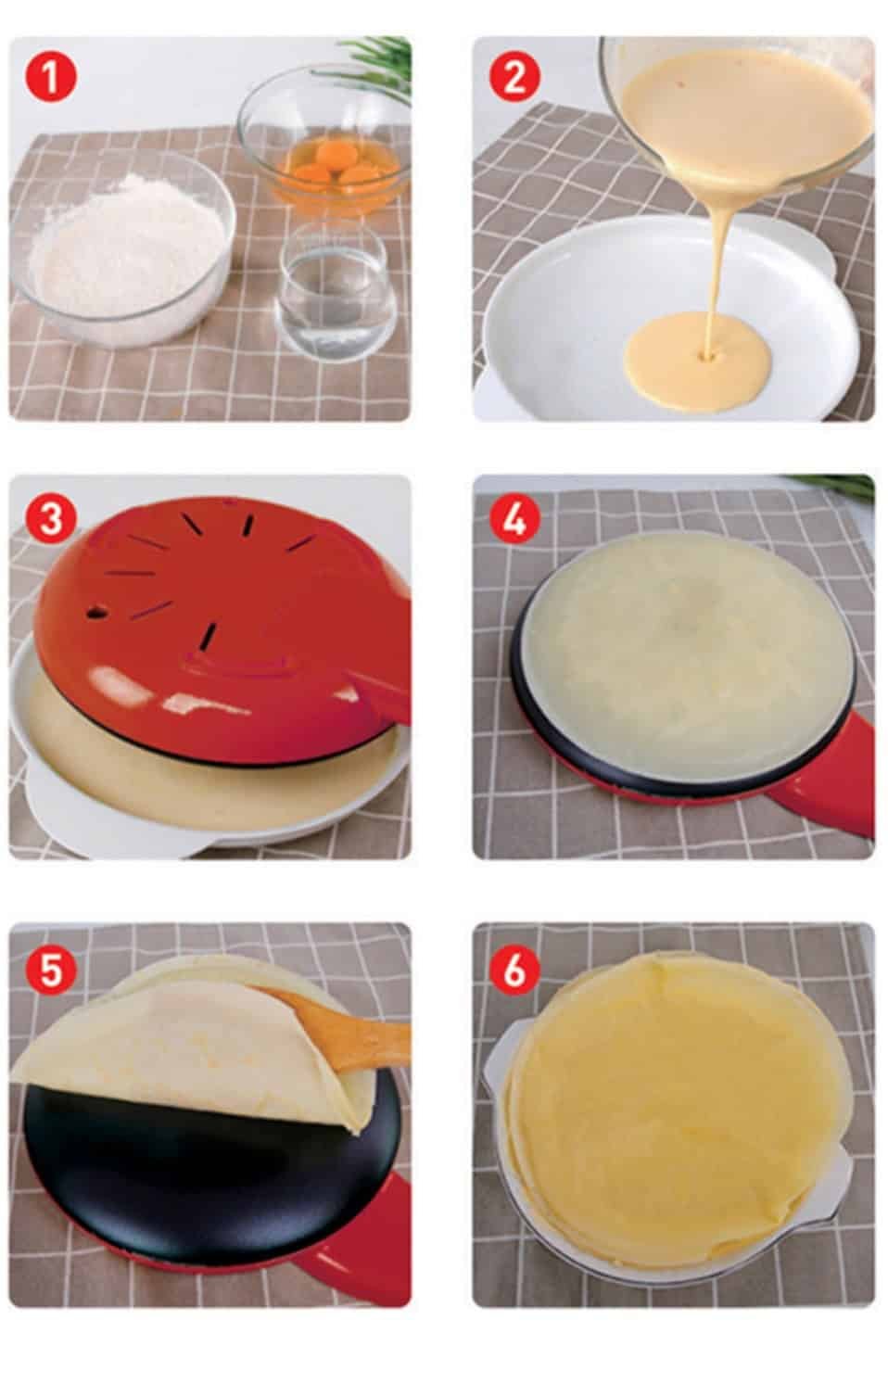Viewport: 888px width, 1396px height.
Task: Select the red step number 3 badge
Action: [x=51, y=519]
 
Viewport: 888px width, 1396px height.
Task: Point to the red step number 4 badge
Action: [x=514, y=519]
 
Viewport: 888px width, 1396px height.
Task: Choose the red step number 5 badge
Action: [x=51, y=969]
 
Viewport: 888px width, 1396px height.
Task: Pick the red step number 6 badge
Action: [x=514, y=969]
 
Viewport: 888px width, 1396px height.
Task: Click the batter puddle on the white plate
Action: [x=699, y=362]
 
